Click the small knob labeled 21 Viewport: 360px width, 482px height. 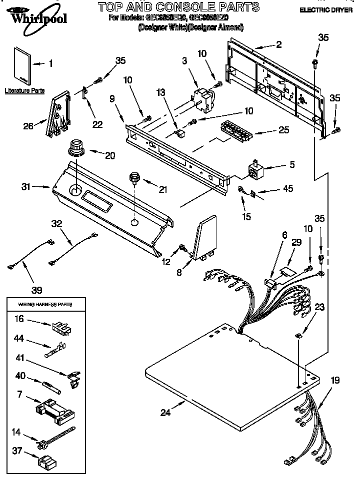click(x=134, y=177)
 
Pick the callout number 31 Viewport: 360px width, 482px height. click(x=26, y=187)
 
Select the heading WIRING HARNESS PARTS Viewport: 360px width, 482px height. click(x=45, y=304)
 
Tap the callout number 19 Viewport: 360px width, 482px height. click(x=334, y=381)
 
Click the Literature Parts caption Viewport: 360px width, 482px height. click(x=24, y=91)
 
